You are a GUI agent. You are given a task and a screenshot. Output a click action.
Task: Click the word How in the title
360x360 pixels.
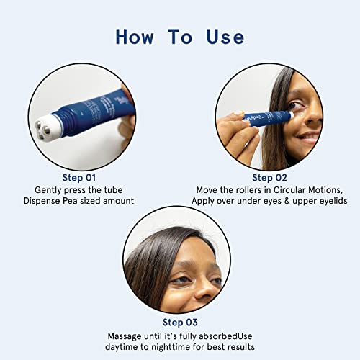click(x=135, y=37)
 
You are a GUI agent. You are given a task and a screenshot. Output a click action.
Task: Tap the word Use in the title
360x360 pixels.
click(x=225, y=37)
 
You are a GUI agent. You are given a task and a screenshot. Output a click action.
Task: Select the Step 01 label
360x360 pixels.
click(x=79, y=178)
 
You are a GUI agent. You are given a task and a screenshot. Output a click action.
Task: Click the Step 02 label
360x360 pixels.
click(x=269, y=178)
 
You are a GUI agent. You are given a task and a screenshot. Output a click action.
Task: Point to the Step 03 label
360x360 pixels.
click(x=180, y=323)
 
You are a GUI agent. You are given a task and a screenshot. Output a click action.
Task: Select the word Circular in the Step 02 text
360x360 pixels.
click(x=289, y=190)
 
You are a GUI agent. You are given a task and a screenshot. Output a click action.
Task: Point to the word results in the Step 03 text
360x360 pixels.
click(x=241, y=347)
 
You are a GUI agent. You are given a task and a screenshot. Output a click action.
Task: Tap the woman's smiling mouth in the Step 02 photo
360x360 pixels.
click(x=308, y=138)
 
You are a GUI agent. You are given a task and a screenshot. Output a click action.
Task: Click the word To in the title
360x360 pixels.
click(x=180, y=37)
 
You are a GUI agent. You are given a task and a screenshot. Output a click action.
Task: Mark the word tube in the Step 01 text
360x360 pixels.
click(x=113, y=190)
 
